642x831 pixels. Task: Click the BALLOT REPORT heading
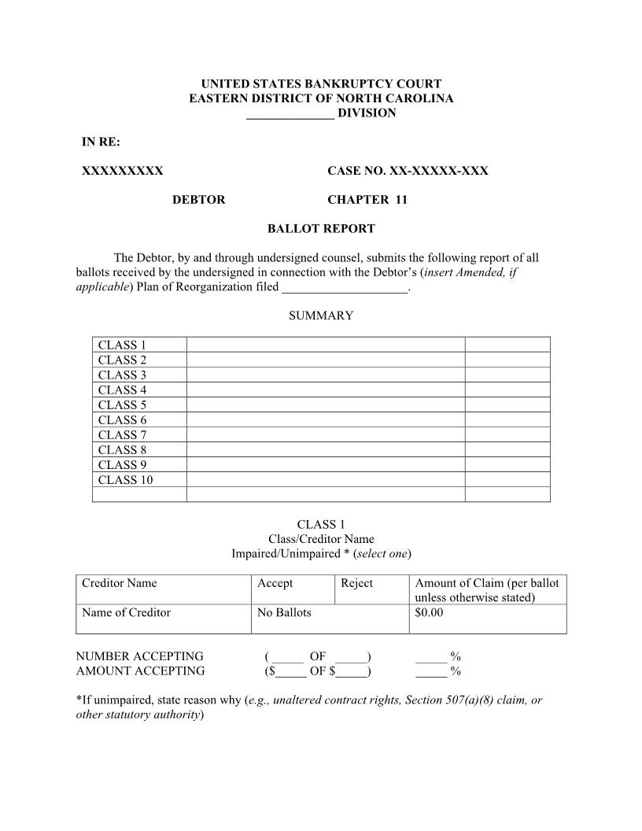pos(321,229)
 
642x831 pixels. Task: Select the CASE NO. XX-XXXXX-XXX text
pos(408,171)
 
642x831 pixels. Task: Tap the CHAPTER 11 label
pos(367,200)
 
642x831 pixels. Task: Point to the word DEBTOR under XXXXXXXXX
pos(198,200)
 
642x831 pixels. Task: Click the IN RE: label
pos(101,142)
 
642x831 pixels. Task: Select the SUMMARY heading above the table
pos(321,316)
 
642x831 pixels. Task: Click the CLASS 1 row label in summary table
pos(122,345)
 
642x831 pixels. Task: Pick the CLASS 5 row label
pos(122,405)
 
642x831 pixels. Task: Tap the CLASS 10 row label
pos(125,480)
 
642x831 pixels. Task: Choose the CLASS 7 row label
pos(122,435)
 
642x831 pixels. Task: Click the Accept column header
pos(275,583)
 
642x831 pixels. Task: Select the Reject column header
pos(356,583)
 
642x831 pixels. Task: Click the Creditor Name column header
pos(119,583)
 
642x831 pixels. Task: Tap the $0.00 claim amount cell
pos(429,613)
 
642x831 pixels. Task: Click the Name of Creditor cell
pos(126,613)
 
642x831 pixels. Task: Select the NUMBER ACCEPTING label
pos(139,656)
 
